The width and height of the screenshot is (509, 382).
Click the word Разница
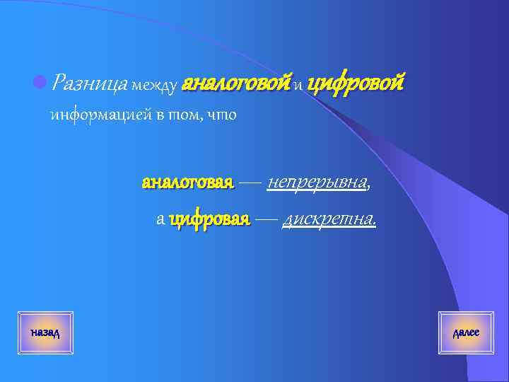[89, 85]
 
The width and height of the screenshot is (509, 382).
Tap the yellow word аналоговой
[236, 85]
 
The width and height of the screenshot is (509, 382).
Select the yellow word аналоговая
[187, 183]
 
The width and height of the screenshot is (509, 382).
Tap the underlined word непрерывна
[317, 183]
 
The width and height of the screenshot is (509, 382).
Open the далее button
[466, 332]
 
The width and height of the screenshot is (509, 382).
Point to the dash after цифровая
[266, 220]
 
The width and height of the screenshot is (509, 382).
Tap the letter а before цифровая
[160, 221]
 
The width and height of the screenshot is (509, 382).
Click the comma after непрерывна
[369, 186]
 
